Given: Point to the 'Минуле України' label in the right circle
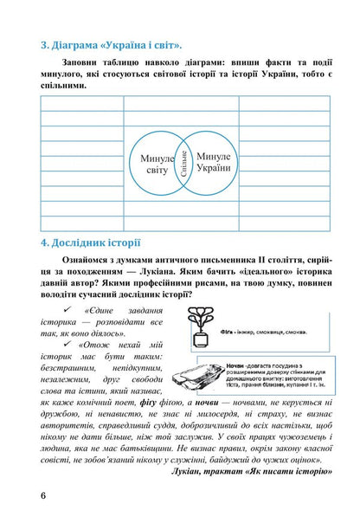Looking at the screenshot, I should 212,161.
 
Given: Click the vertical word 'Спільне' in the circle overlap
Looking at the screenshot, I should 184,163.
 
